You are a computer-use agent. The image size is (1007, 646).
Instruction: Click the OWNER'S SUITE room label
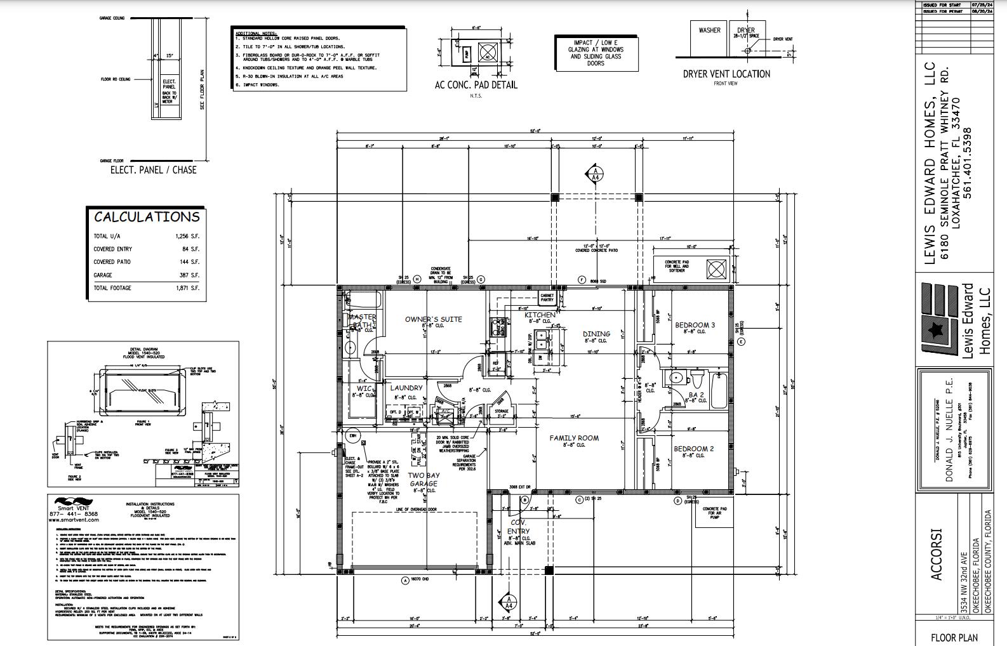pos(434,319)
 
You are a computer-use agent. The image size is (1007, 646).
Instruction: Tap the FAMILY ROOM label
pos(574,438)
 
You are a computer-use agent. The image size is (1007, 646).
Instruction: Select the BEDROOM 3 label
pos(695,325)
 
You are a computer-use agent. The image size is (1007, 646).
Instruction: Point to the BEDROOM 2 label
pos(694,449)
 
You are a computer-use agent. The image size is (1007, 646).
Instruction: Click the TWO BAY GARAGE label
pos(423,479)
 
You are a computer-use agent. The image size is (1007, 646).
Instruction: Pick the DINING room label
pos(596,334)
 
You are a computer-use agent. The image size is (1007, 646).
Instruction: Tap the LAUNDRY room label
pos(406,388)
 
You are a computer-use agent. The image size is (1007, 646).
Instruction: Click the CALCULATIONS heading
pos(147,217)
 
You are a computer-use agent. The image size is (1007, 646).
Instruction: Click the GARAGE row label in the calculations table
pos(103,275)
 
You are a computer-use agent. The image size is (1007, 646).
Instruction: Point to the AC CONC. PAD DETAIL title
pos(476,85)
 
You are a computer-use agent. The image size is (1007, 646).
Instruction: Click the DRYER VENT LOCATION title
pos(726,74)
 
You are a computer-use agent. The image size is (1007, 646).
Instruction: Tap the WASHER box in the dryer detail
pos(709,30)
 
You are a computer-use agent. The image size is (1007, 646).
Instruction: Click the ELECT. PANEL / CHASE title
pos(153,170)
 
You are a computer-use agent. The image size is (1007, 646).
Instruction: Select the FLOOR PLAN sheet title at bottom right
pos(954,637)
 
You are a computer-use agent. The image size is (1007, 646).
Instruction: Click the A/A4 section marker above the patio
pos(596,174)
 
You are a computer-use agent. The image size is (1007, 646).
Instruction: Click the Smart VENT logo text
pos(74,508)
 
